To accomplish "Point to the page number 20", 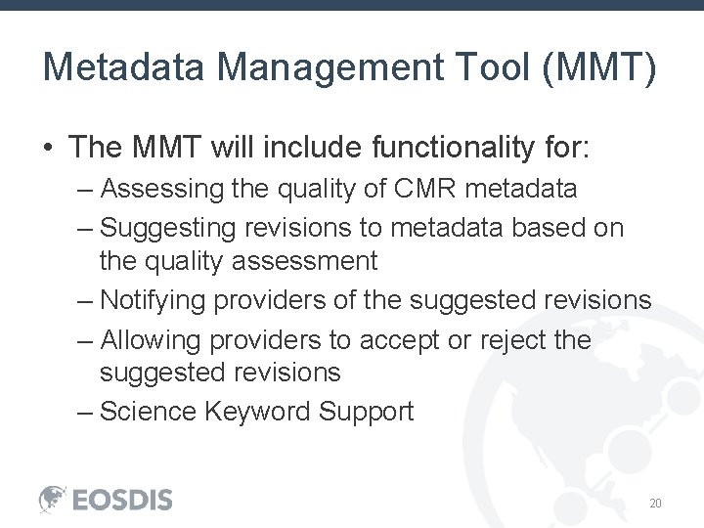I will (656, 504).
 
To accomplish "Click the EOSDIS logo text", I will (122, 500).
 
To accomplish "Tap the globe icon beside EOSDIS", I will (53, 499).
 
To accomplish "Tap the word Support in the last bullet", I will (368, 412).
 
